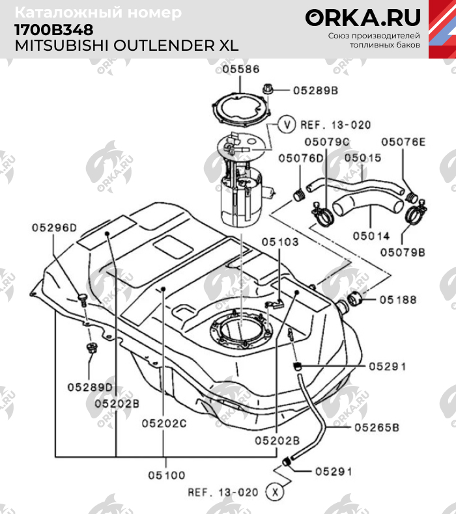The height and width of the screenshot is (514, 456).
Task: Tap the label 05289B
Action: [315, 92]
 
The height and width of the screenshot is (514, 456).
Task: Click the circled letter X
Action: [277, 492]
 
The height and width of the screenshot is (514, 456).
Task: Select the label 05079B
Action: [403, 250]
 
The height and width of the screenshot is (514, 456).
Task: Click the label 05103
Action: [280, 241]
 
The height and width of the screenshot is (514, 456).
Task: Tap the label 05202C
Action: [164, 423]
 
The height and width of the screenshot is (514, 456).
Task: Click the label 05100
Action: [166, 475]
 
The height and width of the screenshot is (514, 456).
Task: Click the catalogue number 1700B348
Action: [53, 30]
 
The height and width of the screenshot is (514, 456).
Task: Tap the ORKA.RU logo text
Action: [363, 18]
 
